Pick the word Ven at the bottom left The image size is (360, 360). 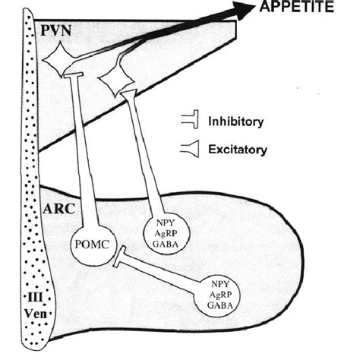click(x=37, y=311)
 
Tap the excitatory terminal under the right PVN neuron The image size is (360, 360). click(x=128, y=96)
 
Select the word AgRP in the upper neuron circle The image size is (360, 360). click(x=165, y=229)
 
